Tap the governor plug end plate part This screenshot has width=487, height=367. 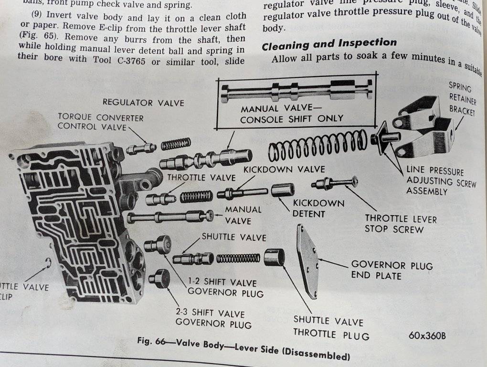tap(307, 260)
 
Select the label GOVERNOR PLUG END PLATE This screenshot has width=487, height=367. tap(392, 270)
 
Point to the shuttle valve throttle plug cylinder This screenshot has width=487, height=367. tap(274, 257)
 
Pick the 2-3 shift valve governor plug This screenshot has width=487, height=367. tap(159, 278)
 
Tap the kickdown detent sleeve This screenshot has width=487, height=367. tap(283, 190)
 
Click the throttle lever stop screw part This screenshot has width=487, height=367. tap(334, 183)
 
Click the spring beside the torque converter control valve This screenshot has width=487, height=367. tap(176, 143)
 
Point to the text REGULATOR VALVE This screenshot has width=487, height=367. tap(143, 102)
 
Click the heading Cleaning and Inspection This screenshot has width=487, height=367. tap(329, 44)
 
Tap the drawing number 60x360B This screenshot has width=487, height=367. tap(427, 335)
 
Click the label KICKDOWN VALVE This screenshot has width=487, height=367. tap(284, 169)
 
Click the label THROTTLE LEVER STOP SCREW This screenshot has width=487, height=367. tap(401, 224)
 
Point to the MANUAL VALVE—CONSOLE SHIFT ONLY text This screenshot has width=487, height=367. tap(292, 114)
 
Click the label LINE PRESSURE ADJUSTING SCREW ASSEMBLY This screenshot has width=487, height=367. tap(437, 181)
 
